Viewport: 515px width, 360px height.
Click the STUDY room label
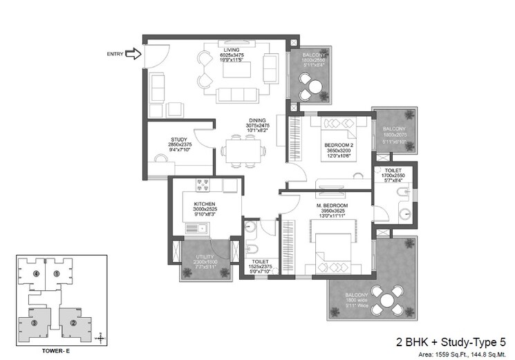[x=179, y=140]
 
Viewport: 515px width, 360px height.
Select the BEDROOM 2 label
[x=338, y=145]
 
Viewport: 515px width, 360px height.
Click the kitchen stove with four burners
[x=205, y=184]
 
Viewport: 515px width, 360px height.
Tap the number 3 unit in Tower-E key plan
[x=32, y=322]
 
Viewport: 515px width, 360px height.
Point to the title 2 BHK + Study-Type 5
[x=451, y=341]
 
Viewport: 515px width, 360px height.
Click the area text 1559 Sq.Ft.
[x=450, y=352]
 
